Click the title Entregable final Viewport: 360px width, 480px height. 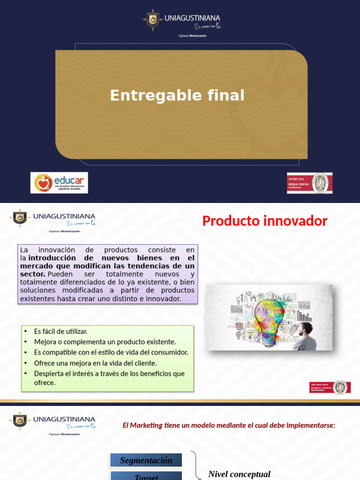click(x=177, y=96)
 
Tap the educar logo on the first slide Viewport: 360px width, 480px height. click(x=59, y=183)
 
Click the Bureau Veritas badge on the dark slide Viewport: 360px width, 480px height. click(x=309, y=183)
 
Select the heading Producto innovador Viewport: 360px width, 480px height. click(x=264, y=221)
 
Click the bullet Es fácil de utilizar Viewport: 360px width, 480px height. click(x=61, y=331)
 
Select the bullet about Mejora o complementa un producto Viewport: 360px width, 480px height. click(x=105, y=342)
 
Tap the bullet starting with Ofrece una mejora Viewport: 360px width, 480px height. click(x=95, y=363)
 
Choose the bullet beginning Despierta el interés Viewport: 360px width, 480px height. click(x=109, y=374)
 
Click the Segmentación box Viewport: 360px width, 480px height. click(x=146, y=460)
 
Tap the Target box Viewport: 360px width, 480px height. click(x=146, y=476)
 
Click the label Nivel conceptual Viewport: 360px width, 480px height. click(x=239, y=474)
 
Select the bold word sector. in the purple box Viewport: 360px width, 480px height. click(x=33, y=274)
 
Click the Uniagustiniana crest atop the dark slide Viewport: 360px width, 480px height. click(x=153, y=20)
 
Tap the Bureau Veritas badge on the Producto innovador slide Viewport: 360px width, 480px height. click(x=330, y=387)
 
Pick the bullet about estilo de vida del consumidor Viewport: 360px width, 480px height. click(x=111, y=352)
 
